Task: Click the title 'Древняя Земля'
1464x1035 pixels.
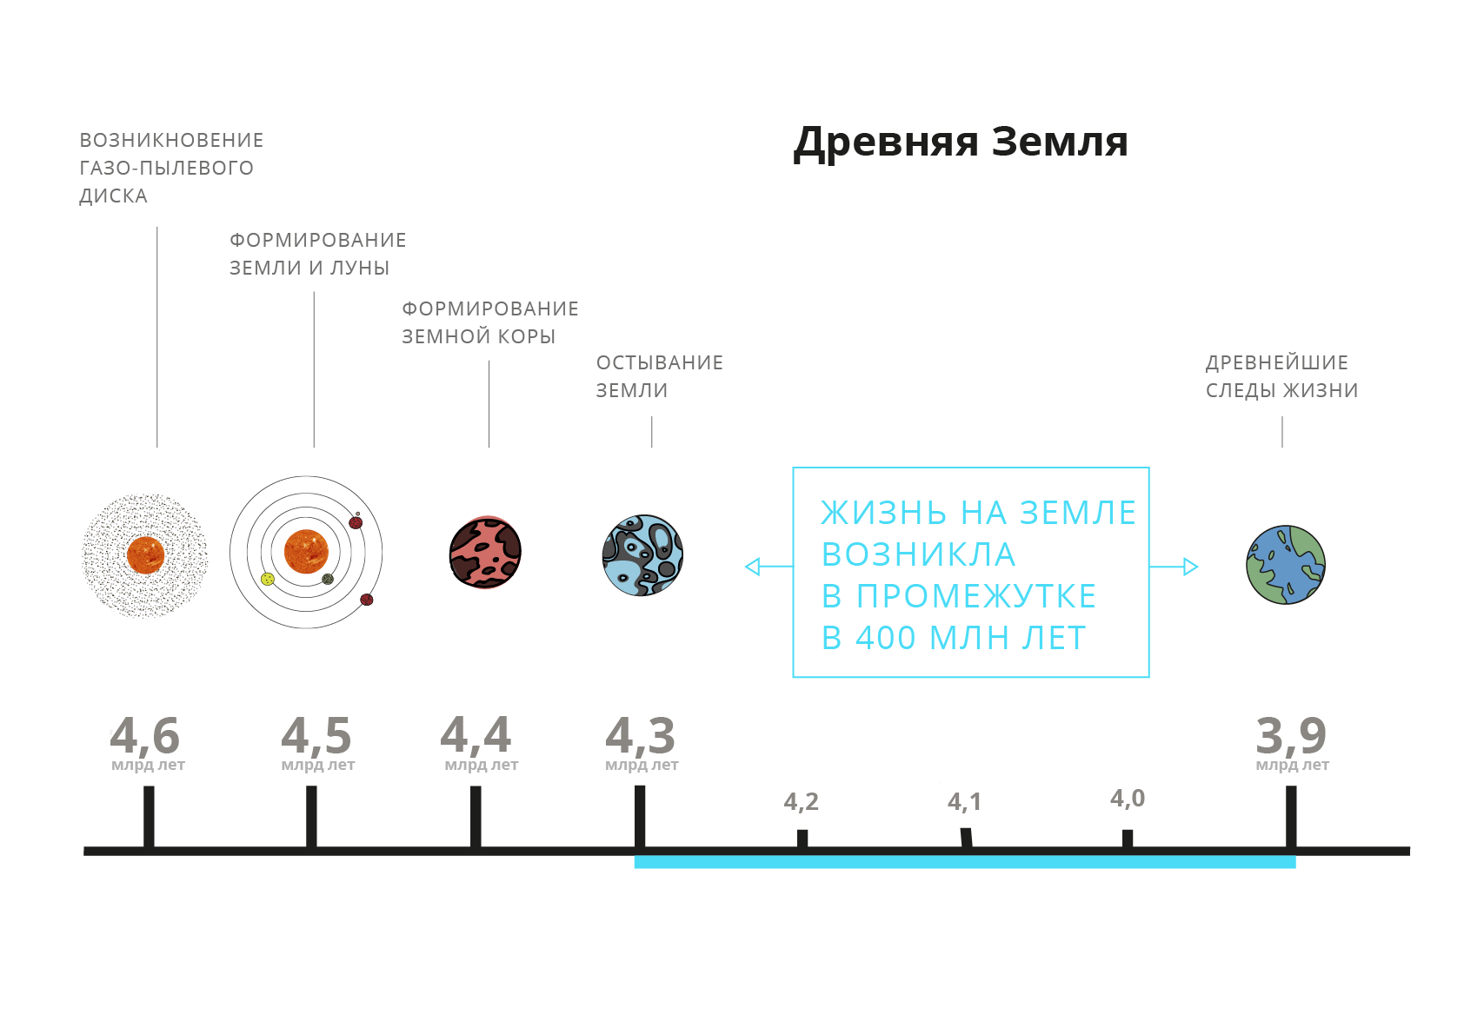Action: (x=960, y=143)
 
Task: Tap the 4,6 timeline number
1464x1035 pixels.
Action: (x=145, y=735)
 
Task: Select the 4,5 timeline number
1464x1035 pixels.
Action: (x=316, y=735)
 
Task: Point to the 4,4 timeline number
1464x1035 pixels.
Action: (x=476, y=735)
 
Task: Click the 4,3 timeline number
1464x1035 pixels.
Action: (x=641, y=735)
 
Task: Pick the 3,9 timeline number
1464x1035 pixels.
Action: (x=1291, y=735)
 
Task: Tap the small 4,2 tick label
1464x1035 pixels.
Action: (x=801, y=801)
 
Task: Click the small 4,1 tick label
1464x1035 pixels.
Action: (x=964, y=801)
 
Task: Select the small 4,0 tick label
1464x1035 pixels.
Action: (x=1128, y=798)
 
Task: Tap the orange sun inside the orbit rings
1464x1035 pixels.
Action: (x=306, y=551)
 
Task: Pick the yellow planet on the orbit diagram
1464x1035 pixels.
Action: (x=268, y=579)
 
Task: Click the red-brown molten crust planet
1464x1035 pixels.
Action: (x=485, y=553)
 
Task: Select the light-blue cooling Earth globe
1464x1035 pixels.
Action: (x=642, y=555)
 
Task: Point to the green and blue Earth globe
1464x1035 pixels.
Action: (x=1285, y=564)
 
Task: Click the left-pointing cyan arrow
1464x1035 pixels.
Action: (x=754, y=567)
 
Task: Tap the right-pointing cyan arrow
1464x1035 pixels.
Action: (x=1189, y=567)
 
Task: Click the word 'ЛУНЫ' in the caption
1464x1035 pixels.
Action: (x=360, y=268)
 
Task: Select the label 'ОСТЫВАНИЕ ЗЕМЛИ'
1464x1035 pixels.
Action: (x=659, y=376)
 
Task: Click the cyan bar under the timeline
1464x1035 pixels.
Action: (x=964, y=862)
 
